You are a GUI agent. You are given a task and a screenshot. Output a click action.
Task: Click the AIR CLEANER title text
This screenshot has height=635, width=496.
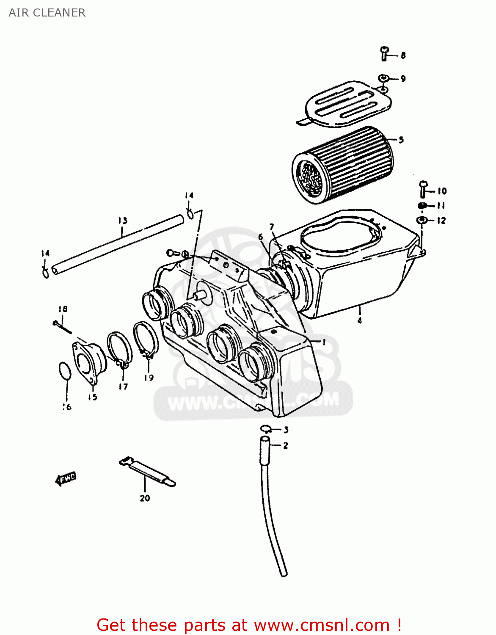pos(47,13)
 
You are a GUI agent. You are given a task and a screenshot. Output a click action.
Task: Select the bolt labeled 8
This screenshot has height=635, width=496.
pos(384,54)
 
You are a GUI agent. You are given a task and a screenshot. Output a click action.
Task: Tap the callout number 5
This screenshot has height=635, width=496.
pos(401,140)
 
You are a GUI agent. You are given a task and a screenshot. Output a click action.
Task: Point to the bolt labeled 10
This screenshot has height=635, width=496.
pos(423,189)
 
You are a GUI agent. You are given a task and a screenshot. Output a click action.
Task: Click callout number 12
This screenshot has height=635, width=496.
pos(441,221)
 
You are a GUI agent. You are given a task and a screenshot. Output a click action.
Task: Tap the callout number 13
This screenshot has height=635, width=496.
pos(123,221)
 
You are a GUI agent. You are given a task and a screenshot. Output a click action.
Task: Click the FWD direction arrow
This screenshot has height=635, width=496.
pos(66,479)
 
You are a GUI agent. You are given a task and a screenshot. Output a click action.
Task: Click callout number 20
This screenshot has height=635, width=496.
pos(145,498)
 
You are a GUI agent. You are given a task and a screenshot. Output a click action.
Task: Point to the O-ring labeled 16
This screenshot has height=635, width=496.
pos(65,371)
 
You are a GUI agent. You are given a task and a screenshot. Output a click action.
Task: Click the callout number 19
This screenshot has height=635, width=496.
pos(149,378)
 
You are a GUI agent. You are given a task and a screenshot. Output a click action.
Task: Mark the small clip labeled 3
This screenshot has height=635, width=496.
pos(265,428)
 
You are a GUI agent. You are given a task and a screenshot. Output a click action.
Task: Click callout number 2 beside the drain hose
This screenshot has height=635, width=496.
pos(286,445)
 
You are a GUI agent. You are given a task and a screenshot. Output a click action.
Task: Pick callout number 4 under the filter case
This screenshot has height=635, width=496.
pos(359,320)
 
